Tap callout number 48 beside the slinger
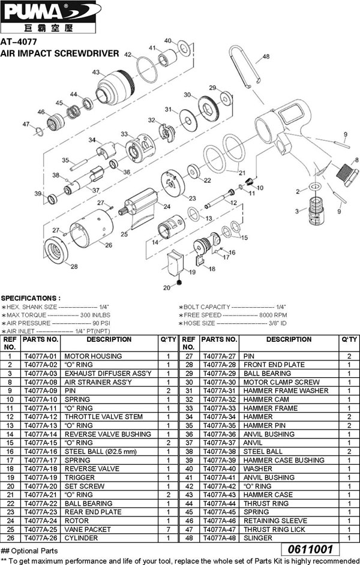[266, 57]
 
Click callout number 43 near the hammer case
[95, 72]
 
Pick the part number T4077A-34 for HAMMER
[219, 417]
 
